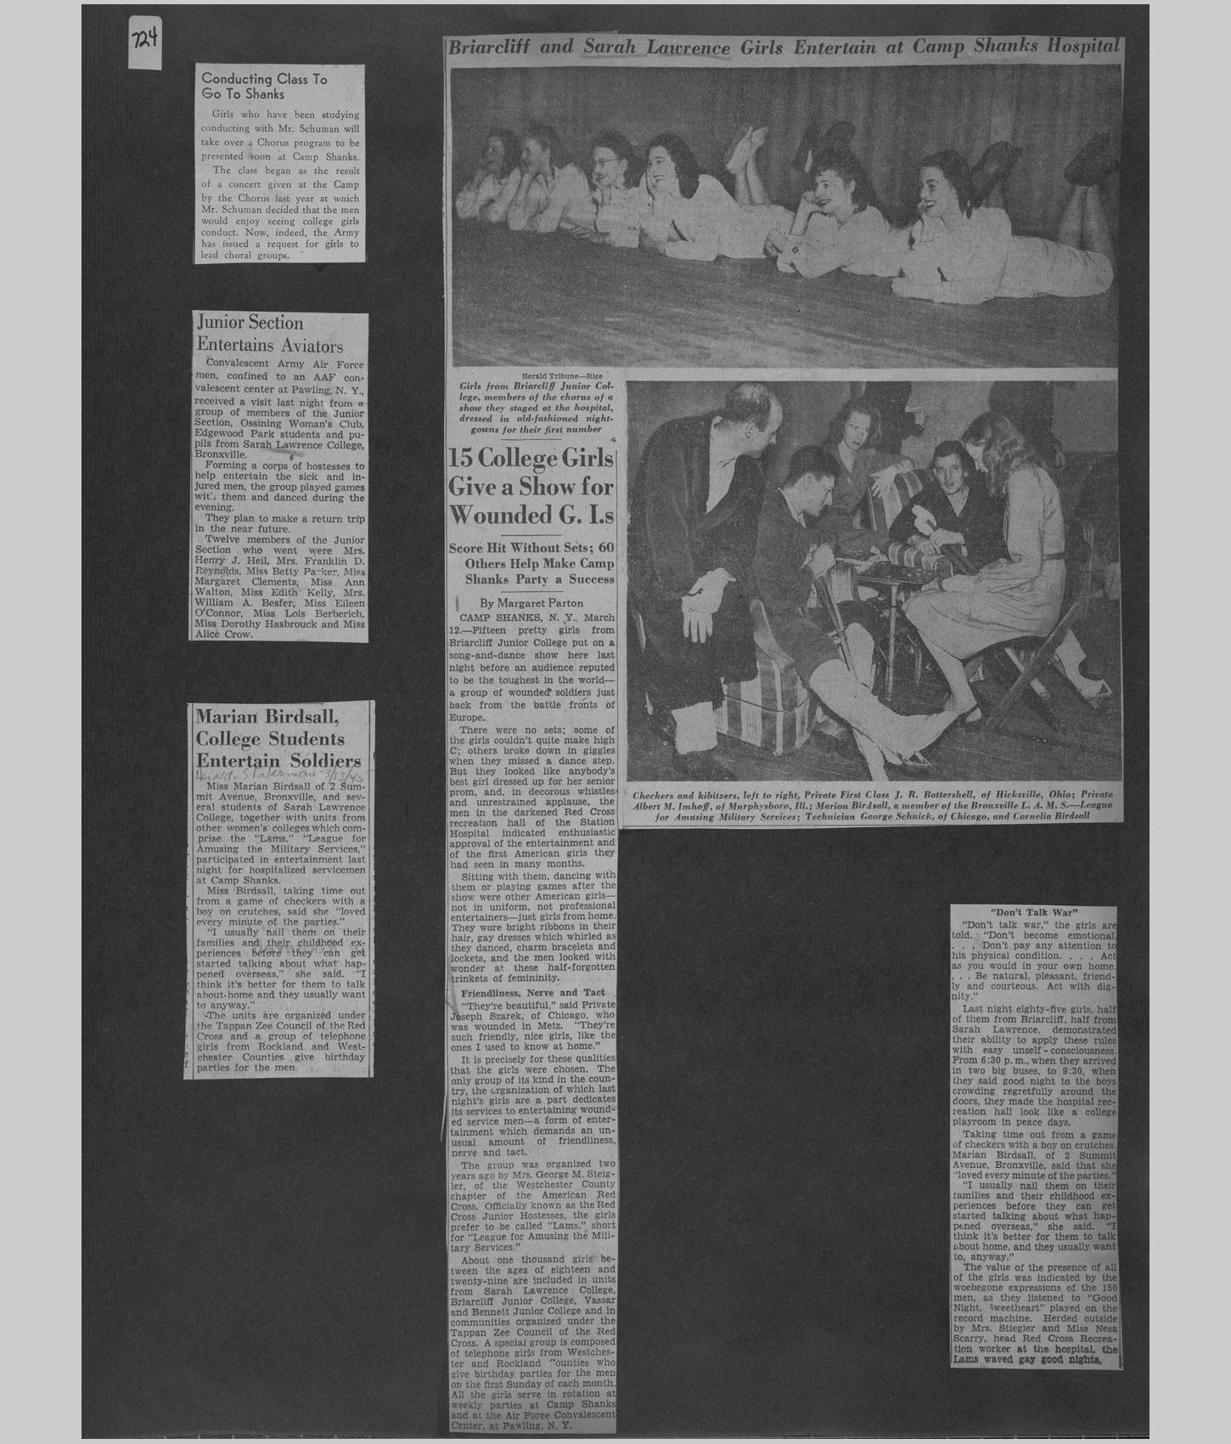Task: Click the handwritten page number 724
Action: click(145, 42)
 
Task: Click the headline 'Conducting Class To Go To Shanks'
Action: click(264, 87)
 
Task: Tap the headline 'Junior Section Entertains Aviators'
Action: click(270, 334)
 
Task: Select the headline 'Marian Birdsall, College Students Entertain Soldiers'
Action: click(278, 738)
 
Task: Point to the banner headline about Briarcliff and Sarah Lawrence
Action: click(784, 48)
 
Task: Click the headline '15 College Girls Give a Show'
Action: click(531, 487)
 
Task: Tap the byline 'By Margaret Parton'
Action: click(531, 602)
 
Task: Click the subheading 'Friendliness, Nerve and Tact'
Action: click(533, 992)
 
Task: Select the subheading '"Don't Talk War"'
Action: click(1033, 912)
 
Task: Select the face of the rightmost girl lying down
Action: click(940, 191)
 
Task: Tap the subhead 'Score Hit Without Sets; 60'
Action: click(531, 549)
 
